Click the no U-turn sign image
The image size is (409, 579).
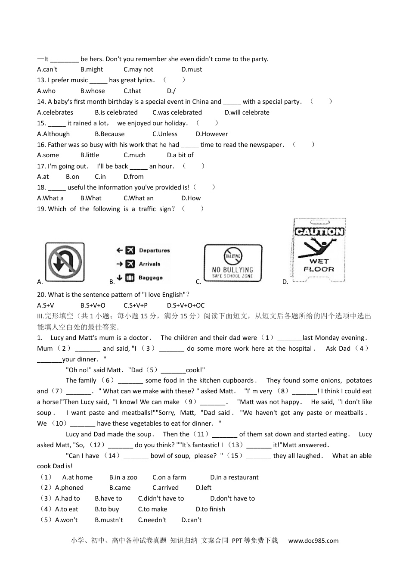point(65,262)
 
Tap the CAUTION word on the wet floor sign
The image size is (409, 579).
point(319,232)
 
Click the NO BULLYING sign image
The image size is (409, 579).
point(233,263)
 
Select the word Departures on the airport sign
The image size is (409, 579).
point(154,250)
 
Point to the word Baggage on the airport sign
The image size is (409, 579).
point(150,278)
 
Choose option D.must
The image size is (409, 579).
point(192,69)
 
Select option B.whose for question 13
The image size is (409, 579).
point(93,91)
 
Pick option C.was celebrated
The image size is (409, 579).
point(177,112)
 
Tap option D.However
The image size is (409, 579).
point(212,134)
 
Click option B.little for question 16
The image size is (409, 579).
point(90,155)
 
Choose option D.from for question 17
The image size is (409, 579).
point(133,177)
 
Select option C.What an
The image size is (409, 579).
point(138,198)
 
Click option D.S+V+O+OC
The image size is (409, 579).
point(186,305)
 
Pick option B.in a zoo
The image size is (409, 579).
point(123,477)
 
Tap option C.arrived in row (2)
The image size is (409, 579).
point(165,488)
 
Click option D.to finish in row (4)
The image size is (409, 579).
point(210,509)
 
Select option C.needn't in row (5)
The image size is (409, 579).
point(152,520)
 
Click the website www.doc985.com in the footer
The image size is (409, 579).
point(313,541)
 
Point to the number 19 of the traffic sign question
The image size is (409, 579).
point(41,209)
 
